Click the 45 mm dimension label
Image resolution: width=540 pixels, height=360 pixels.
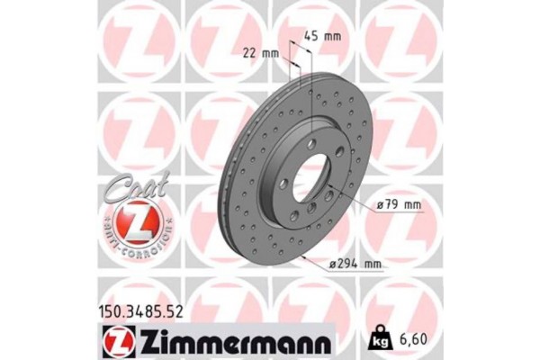pos(322,37)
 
